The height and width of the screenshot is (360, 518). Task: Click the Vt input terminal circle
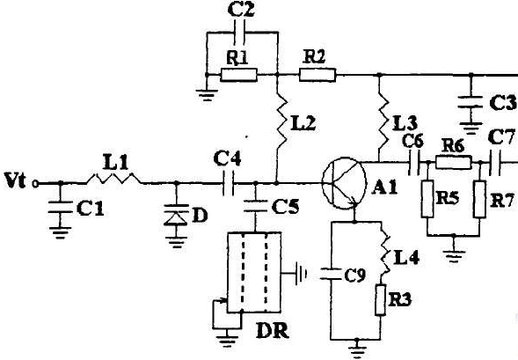pyautogui.click(x=35, y=183)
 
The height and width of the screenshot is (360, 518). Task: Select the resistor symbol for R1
pyautogui.click(x=238, y=75)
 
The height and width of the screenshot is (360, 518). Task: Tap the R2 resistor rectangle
pyautogui.click(x=317, y=75)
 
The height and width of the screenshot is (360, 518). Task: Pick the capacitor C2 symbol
pyautogui.click(x=239, y=33)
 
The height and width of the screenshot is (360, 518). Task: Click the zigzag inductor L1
pyautogui.click(x=114, y=179)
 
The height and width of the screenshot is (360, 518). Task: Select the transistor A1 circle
pyautogui.click(x=344, y=183)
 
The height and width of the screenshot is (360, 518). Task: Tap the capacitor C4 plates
pyautogui.click(x=228, y=183)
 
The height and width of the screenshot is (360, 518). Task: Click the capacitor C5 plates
pyautogui.click(x=255, y=206)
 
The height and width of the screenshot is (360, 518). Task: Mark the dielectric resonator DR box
pyautogui.click(x=254, y=272)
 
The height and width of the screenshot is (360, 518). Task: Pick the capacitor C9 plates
pyautogui.click(x=332, y=275)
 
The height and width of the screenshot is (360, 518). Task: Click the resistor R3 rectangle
pyautogui.click(x=380, y=300)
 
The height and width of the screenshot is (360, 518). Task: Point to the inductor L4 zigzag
pyautogui.click(x=385, y=254)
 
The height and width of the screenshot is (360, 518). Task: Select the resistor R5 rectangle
pyautogui.click(x=427, y=199)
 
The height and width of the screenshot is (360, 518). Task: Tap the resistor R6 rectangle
pyautogui.click(x=454, y=163)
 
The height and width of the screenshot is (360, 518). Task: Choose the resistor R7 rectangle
pyautogui.click(x=479, y=199)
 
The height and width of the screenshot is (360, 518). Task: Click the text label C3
pyautogui.click(x=502, y=103)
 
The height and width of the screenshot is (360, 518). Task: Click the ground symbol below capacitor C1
pyautogui.click(x=60, y=232)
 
